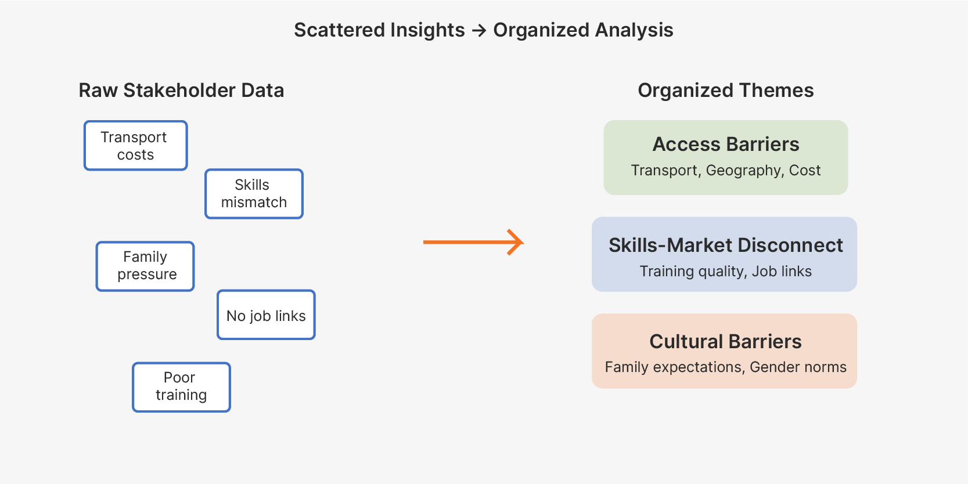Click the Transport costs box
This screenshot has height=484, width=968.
[136, 146]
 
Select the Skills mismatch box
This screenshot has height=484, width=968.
[254, 194]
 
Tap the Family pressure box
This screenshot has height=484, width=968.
[145, 266]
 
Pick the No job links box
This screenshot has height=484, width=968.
[266, 315]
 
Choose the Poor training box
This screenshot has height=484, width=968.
[181, 387]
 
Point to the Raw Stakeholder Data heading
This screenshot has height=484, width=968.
[181, 91]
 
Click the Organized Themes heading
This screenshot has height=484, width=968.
[725, 91]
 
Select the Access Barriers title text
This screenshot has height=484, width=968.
[725, 144]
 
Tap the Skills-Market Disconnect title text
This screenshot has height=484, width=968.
[725, 245]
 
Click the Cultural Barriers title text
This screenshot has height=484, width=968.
[725, 341]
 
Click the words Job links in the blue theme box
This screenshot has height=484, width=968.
[782, 271]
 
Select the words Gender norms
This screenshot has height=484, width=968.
[798, 367]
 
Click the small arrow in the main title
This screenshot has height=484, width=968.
[479, 30]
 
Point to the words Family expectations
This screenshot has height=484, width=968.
[673, 367]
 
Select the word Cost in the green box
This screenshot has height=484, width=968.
[804, 171]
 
